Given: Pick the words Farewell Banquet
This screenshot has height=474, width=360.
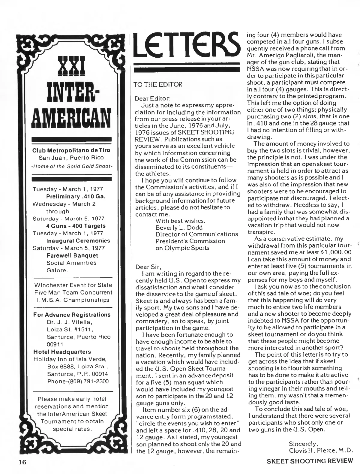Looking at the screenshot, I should click(x=72, y=255).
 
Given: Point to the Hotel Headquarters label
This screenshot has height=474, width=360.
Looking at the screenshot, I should click(x=61, y=352).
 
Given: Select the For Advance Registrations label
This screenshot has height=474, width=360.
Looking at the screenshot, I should click(x=72, y=315).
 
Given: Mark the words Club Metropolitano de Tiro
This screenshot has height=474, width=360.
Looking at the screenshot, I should click(x=72, y=150).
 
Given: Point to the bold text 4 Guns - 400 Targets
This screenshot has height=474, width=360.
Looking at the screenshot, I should click(x=76, y=226).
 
